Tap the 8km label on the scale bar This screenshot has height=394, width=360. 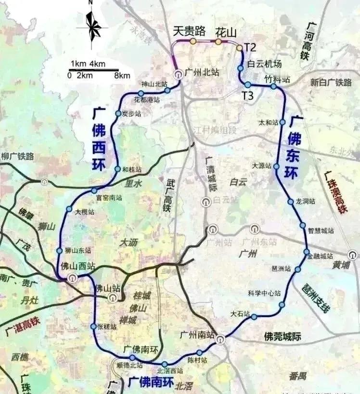[122, 76]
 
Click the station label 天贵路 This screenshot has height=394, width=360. [190, 32]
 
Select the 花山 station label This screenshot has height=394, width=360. [226, 32]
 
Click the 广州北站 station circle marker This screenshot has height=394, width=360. [178, 74]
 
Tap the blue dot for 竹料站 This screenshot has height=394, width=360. [273, 87]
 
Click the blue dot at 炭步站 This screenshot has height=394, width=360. [118, 114]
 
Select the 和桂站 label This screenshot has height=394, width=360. [132, 170]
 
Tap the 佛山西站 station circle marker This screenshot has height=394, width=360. [72, 277]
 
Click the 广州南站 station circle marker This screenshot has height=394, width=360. [220, 340]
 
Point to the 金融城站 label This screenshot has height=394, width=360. [320, 256]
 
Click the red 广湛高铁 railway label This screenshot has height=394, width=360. [21, 327]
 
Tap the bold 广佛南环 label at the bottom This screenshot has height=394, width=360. [151, 382]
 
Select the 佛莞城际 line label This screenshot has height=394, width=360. [283, 337]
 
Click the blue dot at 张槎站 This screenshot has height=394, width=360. [93, 327]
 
